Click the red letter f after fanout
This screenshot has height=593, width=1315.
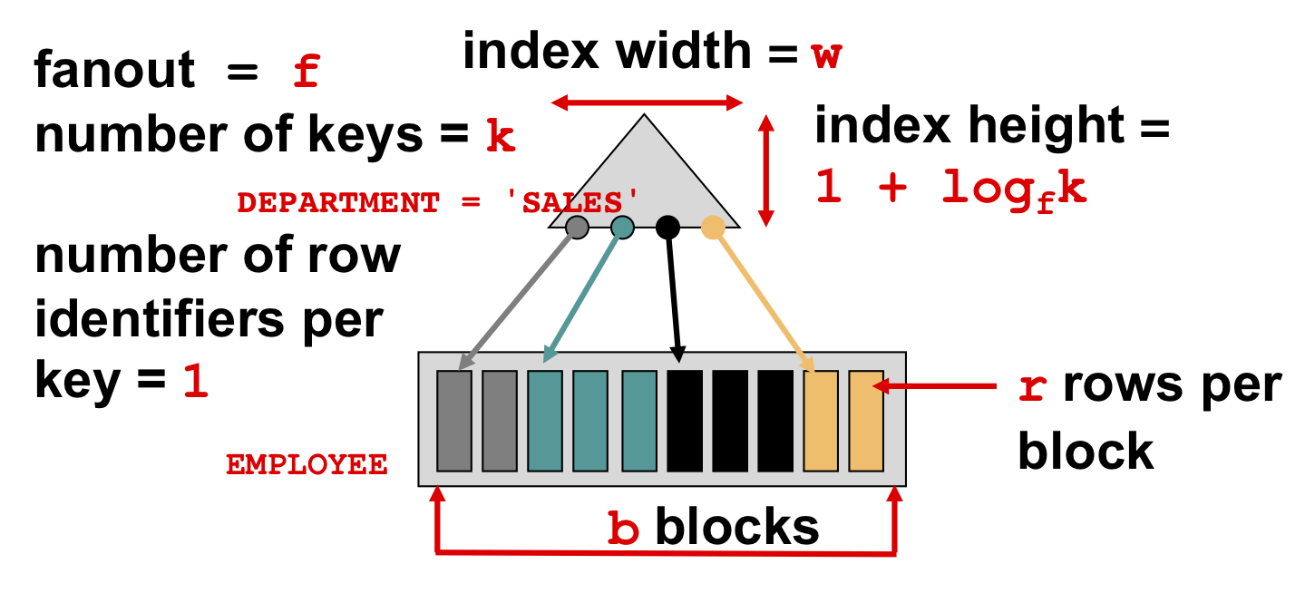[x=307, y=71]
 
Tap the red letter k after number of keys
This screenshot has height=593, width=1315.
[x=501, y=135]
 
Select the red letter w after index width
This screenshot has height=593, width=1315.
[x=826, y=56]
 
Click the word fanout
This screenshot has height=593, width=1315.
[x=114, y=69]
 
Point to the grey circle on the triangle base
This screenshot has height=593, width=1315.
[x=577, y=228]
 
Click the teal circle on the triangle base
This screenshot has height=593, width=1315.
[x=622, y=228]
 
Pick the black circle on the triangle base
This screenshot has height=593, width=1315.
[x=667, y=228]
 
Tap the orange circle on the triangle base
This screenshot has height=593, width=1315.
[x=713, y=228]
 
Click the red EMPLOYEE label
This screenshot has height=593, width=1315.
[x=307, y=464]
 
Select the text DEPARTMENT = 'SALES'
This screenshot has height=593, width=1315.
[x=437, y=203]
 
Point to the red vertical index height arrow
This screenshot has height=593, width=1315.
[x=765, y=170]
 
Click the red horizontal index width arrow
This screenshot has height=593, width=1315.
[x=647, y=102]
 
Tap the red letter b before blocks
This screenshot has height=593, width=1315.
[x=623, y=527]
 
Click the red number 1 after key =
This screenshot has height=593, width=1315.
[x=196, y=382]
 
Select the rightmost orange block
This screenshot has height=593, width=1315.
[x=866, y=421]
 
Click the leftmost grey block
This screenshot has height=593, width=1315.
[x=453, y=421]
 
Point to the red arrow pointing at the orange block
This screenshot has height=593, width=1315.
[x=935, y=385]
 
